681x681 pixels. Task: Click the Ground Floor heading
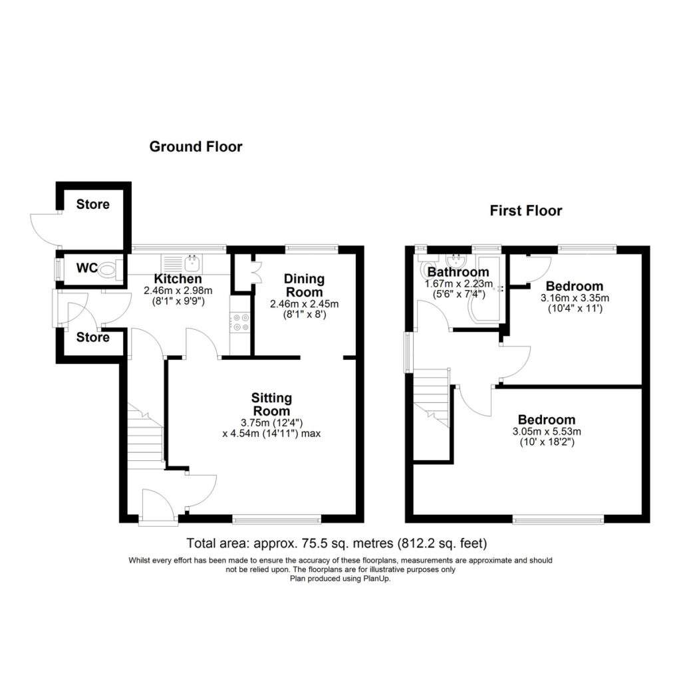(196, 147)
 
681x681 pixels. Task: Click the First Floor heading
(526, 211)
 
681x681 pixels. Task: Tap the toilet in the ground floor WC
(108, 269)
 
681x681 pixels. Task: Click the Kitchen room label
(178, 279)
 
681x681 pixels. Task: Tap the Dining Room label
(304, 285)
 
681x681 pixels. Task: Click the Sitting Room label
(271, 404)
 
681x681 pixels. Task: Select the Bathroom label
(458, 272)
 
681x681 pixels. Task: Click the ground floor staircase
(145, 436)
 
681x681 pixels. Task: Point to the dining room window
(312, 249)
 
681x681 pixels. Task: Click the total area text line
(337, 543)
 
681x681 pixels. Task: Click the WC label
(87, 268)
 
